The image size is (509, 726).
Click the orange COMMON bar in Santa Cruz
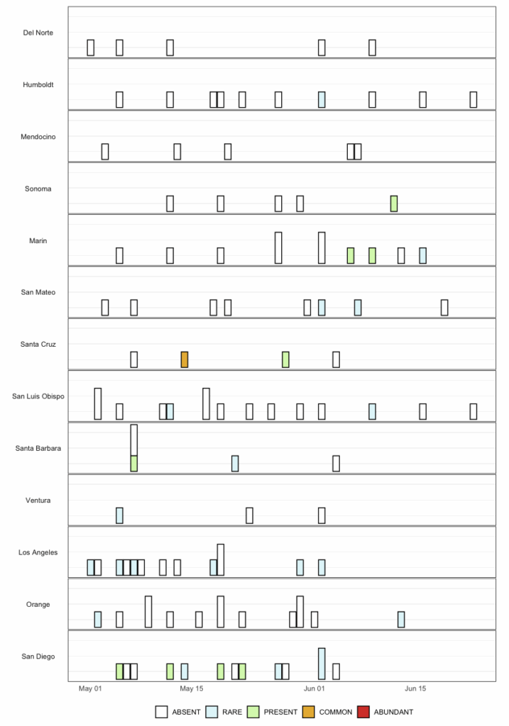(x=185, y=359)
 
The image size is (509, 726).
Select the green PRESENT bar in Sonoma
(x=394, y=203)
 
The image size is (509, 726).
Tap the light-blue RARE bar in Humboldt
(x=322, y=99)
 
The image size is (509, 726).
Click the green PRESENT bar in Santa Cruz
(x=285, y=359)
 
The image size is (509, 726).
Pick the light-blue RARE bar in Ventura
(x=119, y=515)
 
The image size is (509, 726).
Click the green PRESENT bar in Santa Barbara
(x=133, y=464)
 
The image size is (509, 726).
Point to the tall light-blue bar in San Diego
(x=322, y=664)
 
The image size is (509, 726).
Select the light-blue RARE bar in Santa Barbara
(x=235, y=464)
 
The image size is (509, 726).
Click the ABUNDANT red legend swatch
(x=363, y=712)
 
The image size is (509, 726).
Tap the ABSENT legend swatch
(x=162, y=712)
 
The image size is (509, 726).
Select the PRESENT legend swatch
(x=253, y=712)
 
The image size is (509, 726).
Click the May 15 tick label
(x=192, y=688)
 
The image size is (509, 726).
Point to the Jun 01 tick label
(x=314, y=688)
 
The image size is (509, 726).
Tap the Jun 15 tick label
(x=415, y=688)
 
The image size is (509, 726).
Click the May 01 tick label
(x=91, y=688)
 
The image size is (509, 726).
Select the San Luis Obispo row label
(x=38, y=396)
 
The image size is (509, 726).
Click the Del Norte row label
(x=38, y=33)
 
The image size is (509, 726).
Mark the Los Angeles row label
(x=38, y=552)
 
